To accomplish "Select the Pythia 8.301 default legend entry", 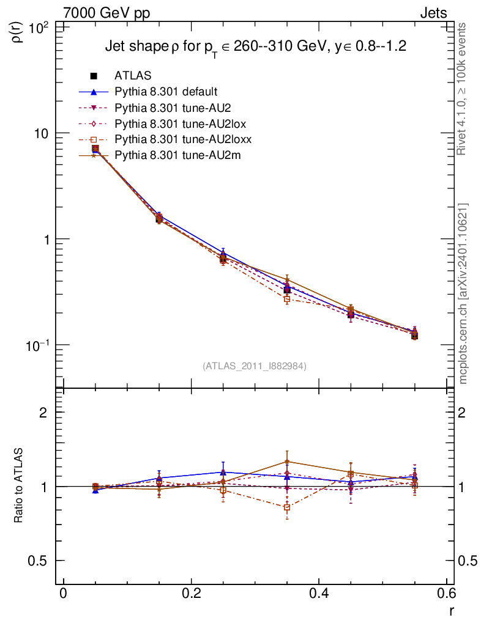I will coord(165,92).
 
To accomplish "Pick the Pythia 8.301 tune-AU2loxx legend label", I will coord(183,139).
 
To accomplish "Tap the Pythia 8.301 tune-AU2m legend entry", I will coord(177,155).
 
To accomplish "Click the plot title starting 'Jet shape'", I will coord(256,46).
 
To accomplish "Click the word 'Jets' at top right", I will coord(433,13).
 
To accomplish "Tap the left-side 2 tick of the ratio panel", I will coord(44,413).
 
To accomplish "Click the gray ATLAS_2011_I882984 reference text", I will coord(254,366).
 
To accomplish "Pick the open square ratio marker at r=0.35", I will coord(286,507).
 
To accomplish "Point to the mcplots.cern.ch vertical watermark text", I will coord(463,293).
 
